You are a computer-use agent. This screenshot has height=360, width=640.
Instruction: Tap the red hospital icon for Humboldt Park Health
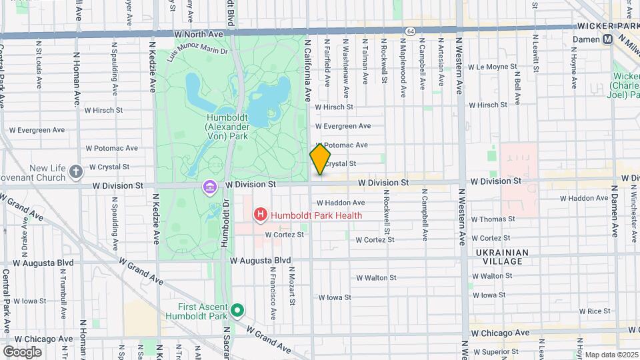coord(260,215)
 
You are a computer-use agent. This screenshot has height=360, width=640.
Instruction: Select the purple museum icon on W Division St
coord(210,187)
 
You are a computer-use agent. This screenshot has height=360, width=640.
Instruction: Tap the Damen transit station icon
coord(607,39)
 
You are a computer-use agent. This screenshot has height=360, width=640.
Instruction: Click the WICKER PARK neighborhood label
coord(607,26)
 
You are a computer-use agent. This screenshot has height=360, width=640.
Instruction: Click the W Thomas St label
coord(495,219)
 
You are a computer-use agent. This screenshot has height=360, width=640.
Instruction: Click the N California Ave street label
coord(307,69)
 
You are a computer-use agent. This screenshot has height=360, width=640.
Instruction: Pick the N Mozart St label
coord(292,287)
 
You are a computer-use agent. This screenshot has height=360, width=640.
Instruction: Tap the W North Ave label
coord(199,33)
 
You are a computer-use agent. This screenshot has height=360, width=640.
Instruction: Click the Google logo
coord(22,351)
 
